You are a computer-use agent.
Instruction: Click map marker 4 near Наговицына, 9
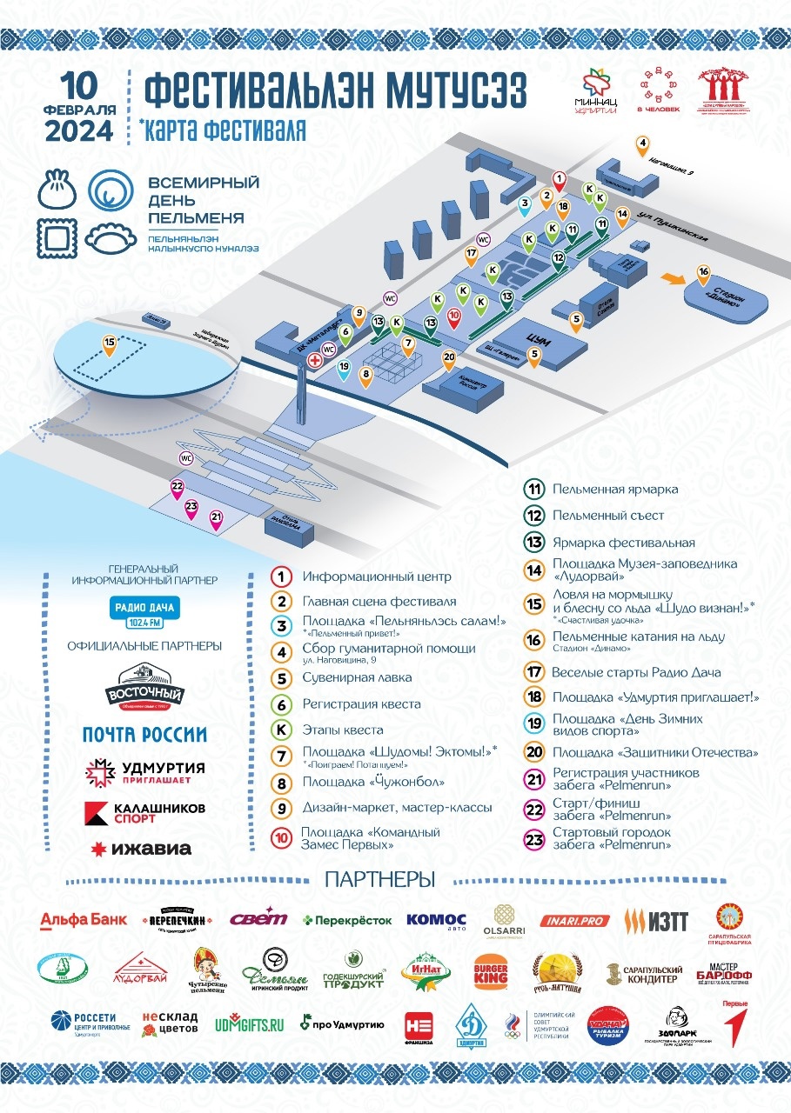tap(642, 144)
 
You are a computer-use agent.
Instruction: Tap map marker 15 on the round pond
tap(109, 343)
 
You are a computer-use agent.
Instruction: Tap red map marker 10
tap(453, 316)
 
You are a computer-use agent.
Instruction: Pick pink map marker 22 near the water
tap(178, 488)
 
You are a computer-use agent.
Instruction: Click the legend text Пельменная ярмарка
tap(615, 490)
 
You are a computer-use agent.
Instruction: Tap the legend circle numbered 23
tap(533, 840)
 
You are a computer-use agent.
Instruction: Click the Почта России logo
tap(144, 734)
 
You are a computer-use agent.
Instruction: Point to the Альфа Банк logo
tap(84, 920)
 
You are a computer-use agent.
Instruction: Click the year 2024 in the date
tap(79, 130)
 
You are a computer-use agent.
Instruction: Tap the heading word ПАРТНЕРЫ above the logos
tap(379, 879)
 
